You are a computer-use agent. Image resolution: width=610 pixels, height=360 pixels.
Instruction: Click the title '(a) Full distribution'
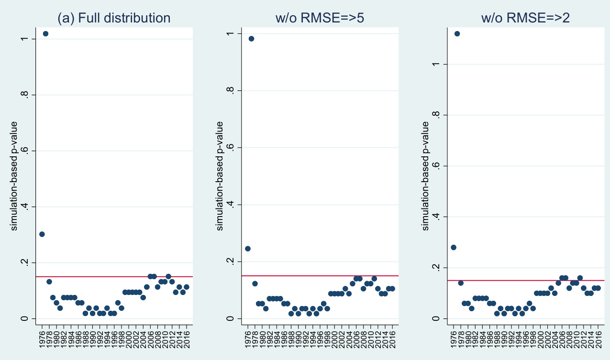point(114,18)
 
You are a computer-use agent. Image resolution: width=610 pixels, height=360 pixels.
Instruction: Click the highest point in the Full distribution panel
point(45,33)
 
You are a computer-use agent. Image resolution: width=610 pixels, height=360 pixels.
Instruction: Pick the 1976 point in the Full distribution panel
point(42,234)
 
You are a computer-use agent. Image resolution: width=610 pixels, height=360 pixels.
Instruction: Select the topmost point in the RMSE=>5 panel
point(251,39)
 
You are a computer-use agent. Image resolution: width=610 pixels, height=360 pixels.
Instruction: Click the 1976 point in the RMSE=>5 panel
point(247,248)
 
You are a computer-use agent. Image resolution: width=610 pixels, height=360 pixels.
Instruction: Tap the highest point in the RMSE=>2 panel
point(457,33)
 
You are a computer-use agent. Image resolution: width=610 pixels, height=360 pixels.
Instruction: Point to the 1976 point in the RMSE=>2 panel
point(453,247)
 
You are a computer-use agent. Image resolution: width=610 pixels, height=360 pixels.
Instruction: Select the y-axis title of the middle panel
point(220,176)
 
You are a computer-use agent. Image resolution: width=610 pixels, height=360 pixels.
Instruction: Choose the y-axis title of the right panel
point(425,176)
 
